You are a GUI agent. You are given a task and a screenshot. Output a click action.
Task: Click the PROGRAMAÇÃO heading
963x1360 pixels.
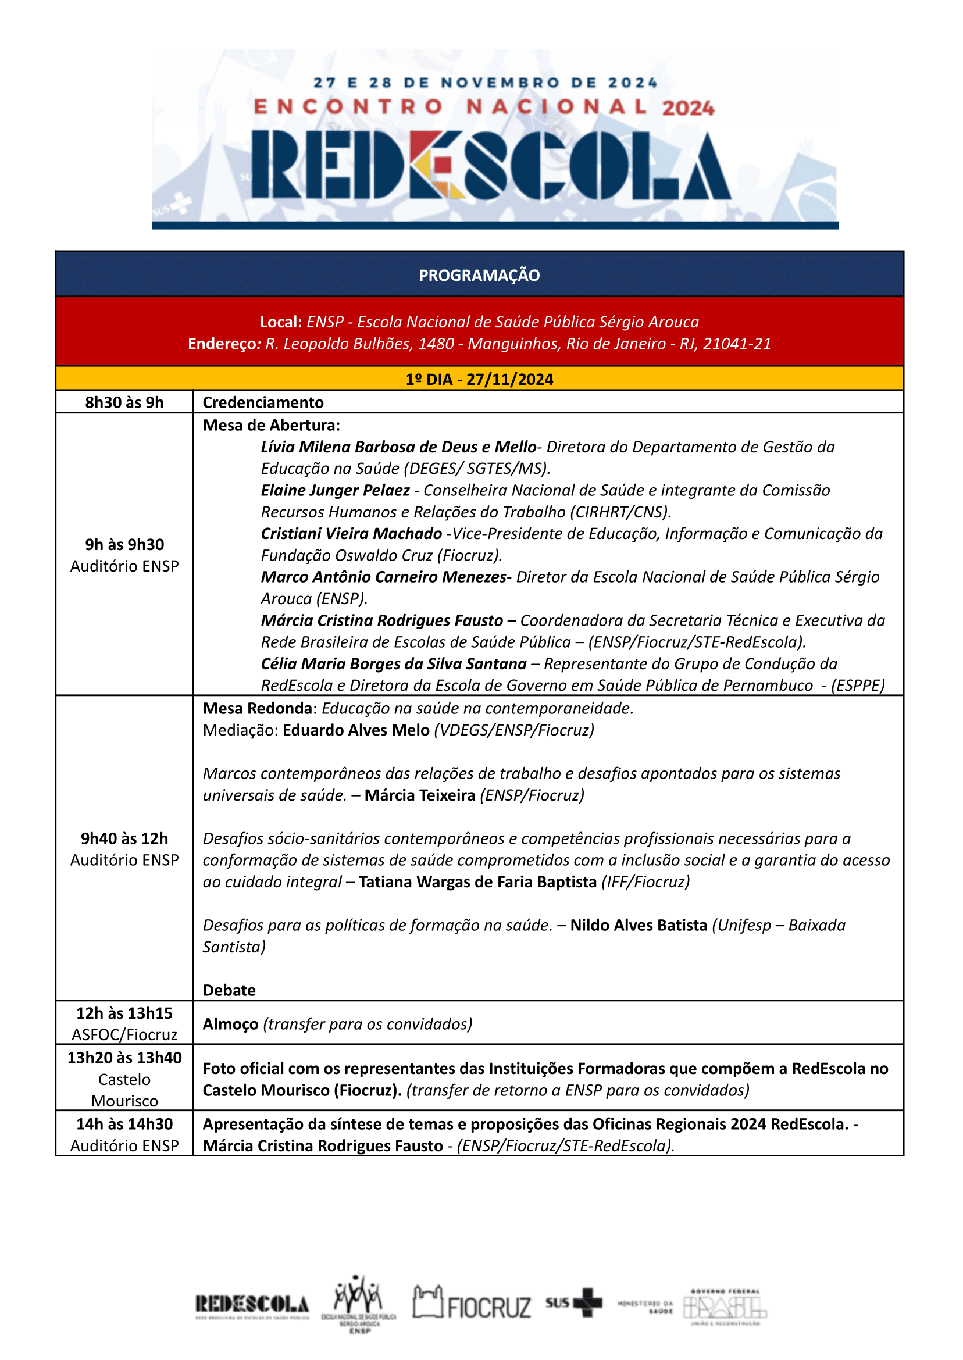pos(479,275)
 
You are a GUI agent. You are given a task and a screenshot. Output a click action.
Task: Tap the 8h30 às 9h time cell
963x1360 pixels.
pos(124,402)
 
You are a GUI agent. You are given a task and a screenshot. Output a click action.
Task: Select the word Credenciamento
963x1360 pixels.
pos(263,402)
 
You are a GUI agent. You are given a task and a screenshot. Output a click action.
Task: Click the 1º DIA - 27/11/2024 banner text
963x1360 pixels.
pos(479,380)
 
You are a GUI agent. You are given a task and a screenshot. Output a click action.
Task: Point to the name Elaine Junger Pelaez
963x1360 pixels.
pos(335,490)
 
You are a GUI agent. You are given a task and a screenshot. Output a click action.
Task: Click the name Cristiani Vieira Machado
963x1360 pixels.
pos(351,534)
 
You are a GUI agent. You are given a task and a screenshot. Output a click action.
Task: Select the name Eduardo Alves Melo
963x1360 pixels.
pos(356,730)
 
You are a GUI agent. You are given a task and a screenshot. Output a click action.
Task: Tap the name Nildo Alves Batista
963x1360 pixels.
pos(639,925)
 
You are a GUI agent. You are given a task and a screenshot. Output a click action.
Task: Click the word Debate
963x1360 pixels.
pos(229,990)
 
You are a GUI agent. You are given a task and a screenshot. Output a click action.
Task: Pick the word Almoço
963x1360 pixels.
pos(230,1024)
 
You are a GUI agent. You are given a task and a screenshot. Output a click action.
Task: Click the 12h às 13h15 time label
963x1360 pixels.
pos(124,1013)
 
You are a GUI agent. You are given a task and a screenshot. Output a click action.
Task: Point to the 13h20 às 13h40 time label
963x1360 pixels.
pos(124,1058)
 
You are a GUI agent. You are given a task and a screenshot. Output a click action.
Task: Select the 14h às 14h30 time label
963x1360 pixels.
pos(124,1124)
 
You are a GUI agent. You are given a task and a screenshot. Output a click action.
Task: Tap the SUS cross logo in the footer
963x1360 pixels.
pos(574,1302)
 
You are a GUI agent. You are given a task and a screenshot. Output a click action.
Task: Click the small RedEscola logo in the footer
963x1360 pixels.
pos(252,1305)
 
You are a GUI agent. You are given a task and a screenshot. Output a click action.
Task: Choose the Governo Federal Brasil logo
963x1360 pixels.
pos(725,1307)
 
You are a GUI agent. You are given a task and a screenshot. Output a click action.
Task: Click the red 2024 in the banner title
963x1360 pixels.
pos(688,109)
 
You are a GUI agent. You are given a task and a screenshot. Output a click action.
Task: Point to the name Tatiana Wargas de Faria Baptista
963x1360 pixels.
pos(477,881)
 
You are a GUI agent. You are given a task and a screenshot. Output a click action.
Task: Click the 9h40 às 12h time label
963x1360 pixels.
pos(124,838)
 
